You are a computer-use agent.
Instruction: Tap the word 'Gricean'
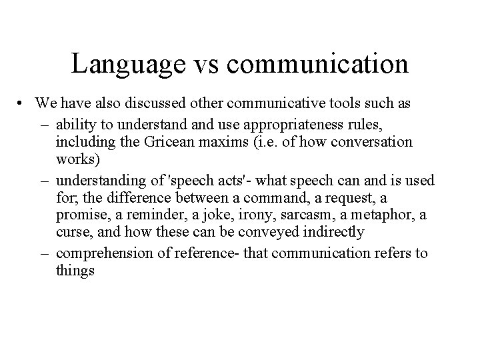[x=189, y=143]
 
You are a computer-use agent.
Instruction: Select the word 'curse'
[x=71, y=233]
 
